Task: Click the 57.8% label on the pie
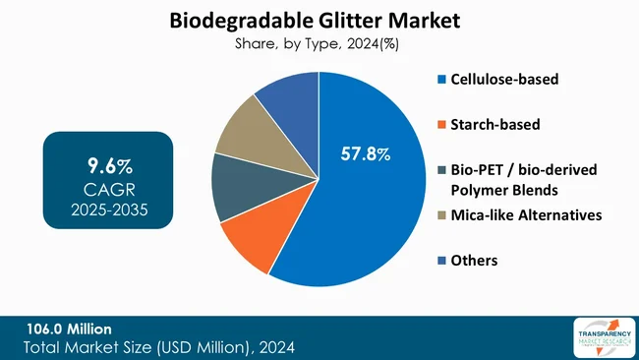[366, 154]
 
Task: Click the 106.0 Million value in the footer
[70, 329]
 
